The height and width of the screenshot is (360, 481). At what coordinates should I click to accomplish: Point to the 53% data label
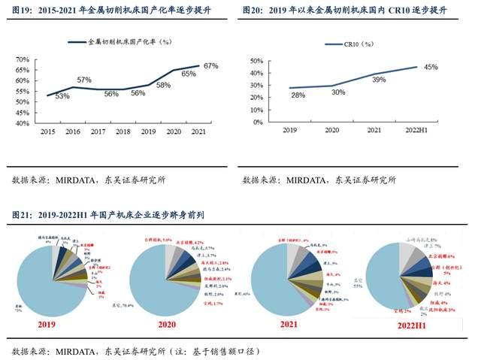(x=62, y=96)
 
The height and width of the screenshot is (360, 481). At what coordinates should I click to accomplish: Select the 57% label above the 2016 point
(x=83, y=80)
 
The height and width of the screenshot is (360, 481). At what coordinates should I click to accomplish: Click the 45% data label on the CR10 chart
(x=431, y=68)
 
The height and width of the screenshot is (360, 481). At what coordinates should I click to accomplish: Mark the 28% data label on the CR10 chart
(x=298, y=95)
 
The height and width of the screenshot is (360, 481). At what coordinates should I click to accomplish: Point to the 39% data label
(x=379, y=79)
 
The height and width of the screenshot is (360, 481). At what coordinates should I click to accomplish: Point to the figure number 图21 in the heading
(x=22, y=215)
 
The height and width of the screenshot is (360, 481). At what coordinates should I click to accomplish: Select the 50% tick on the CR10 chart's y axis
(x=255, y=60)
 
